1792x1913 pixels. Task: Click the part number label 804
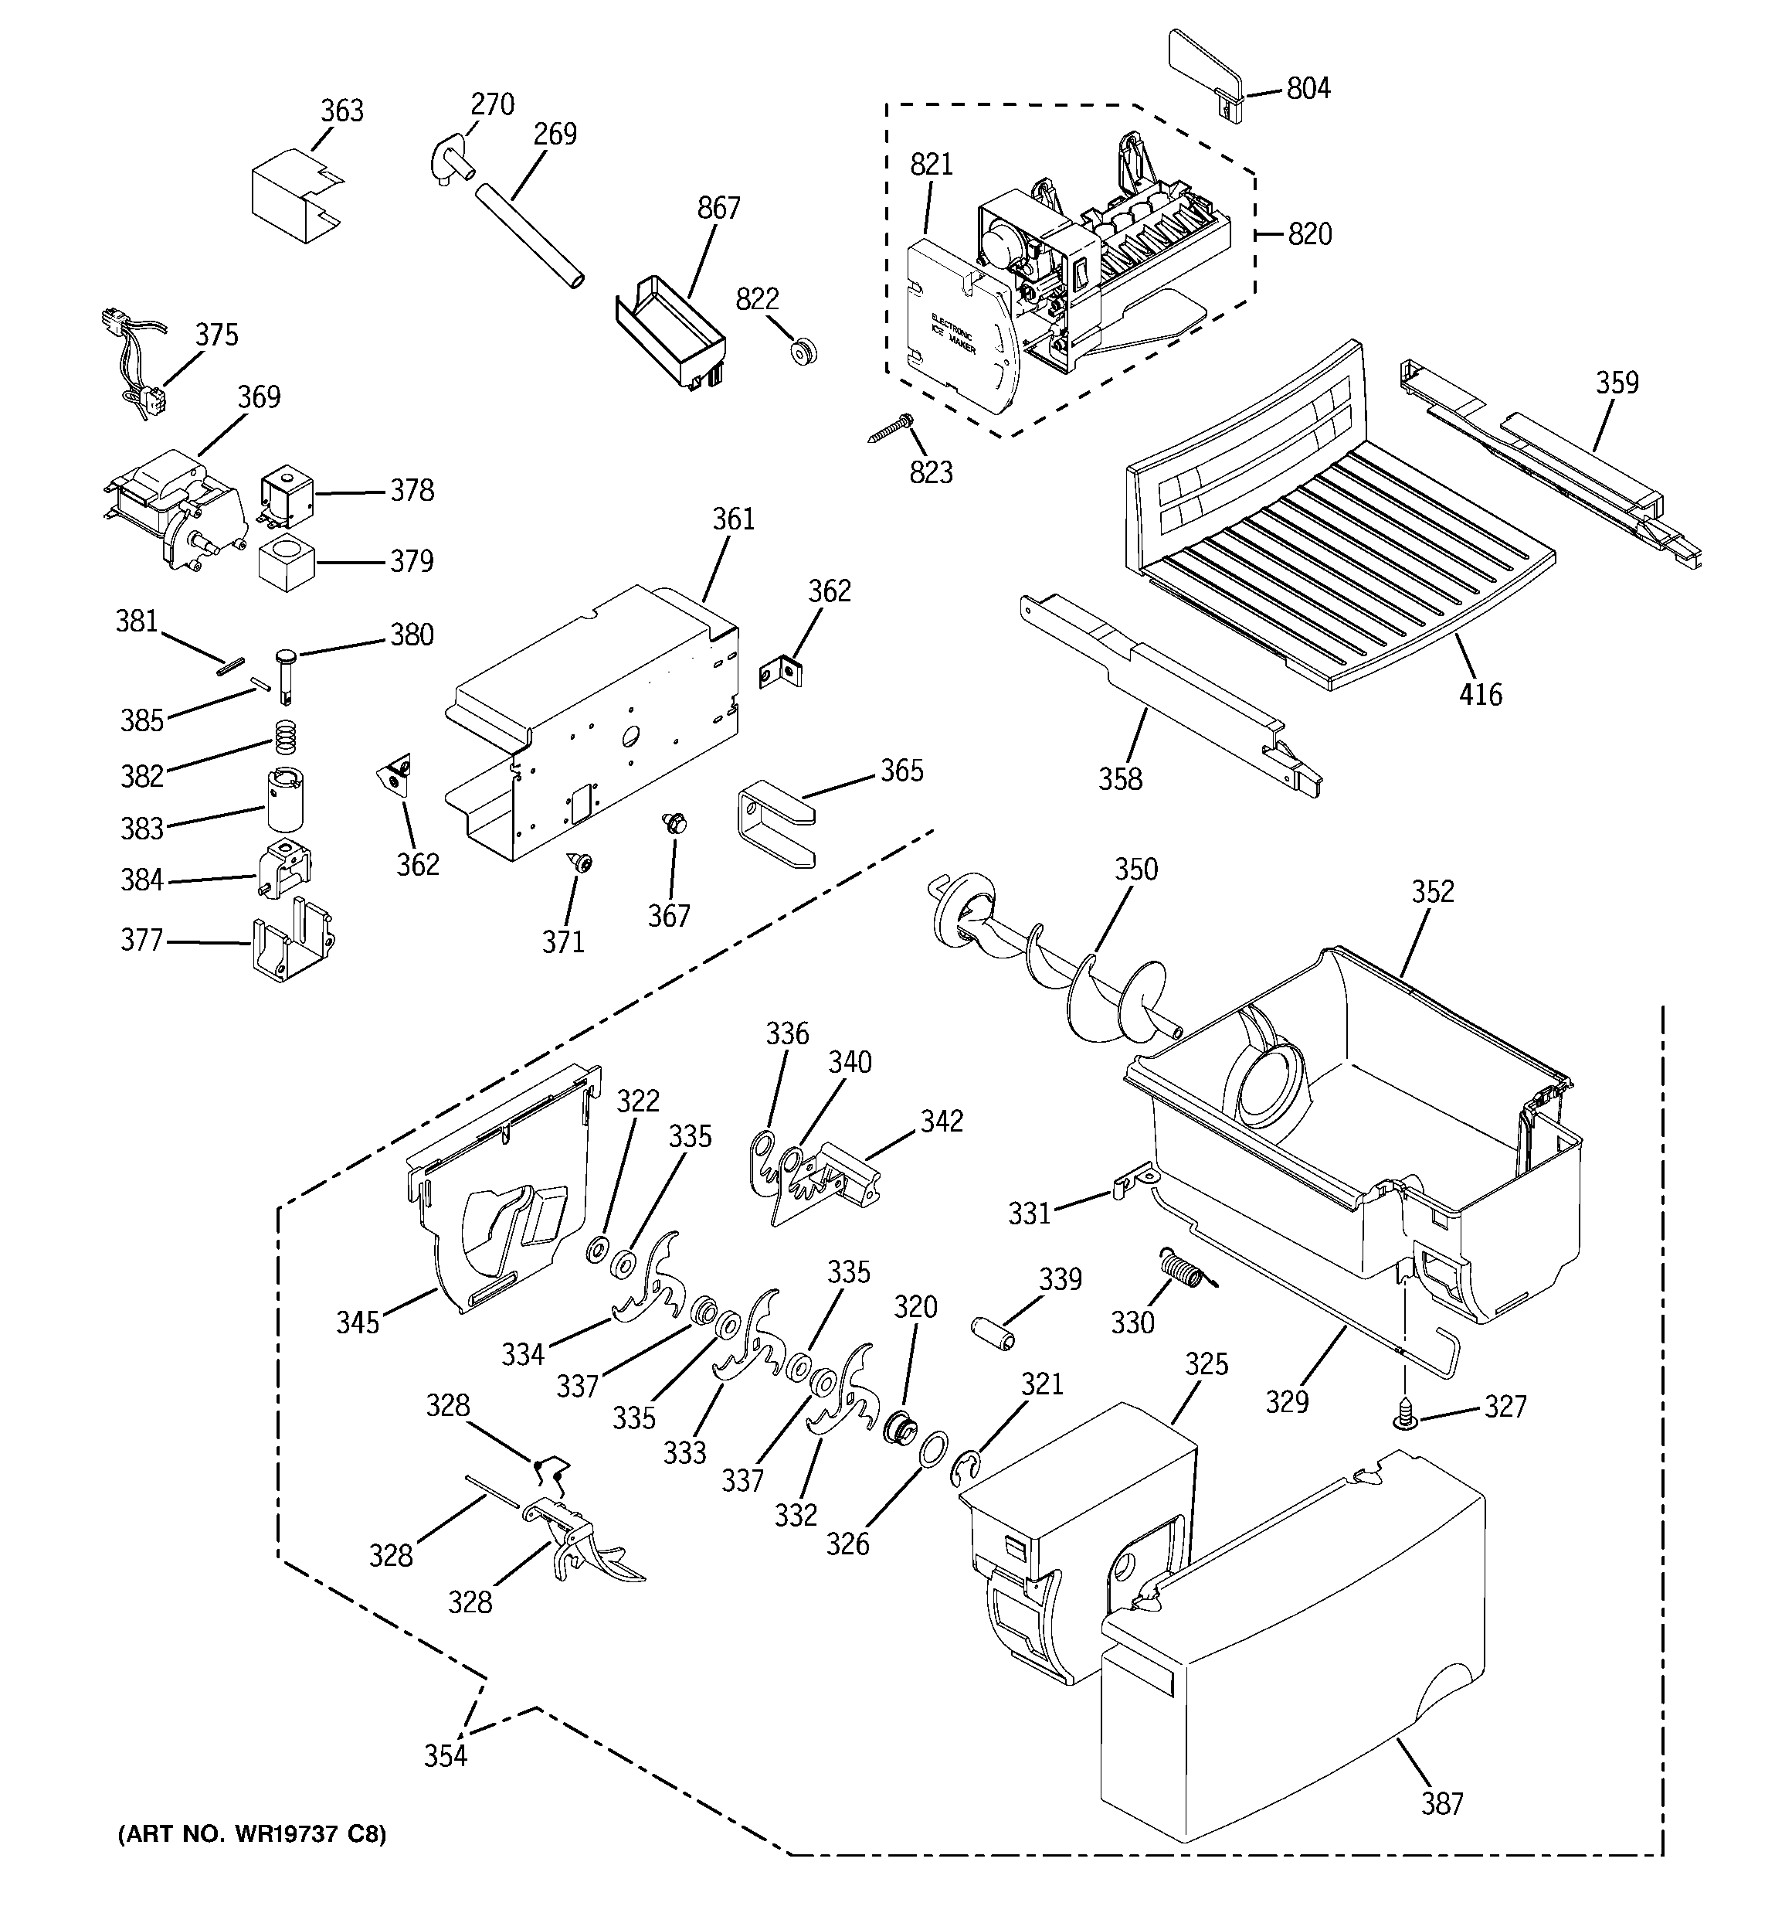[x=1309, y=90]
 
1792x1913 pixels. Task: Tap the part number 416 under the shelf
[x=1479, y=694]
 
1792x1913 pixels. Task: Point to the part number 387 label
[x=1442, y=1803]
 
